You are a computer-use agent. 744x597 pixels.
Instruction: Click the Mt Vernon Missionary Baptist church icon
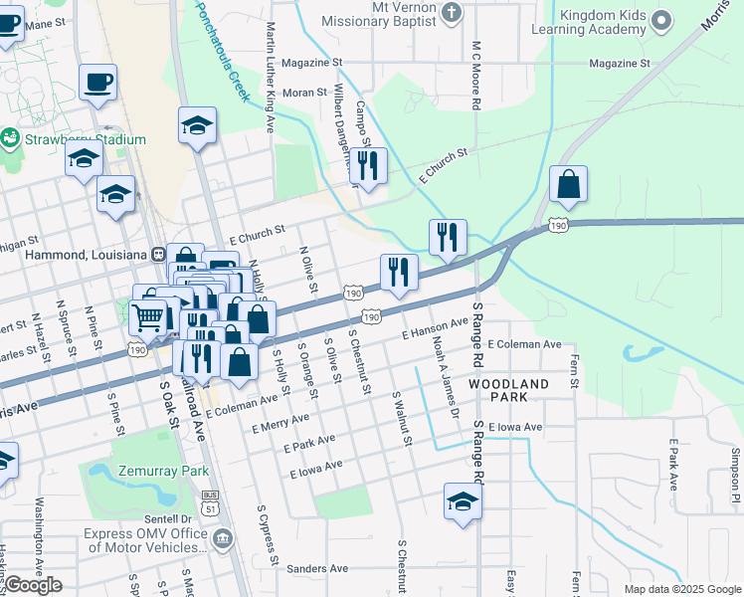[x=454, y=12]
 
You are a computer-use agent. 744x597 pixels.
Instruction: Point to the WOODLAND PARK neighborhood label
[x=508, y=390]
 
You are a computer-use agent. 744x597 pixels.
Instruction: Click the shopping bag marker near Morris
[x=568, y=185]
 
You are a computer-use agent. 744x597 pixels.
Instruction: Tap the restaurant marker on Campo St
[x=369, y=166]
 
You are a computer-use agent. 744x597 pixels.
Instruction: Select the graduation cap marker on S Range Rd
[x=463, y=502]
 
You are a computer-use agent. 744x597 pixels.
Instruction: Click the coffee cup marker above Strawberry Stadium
[x=97, y=84]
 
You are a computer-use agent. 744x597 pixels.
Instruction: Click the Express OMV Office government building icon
[x=222, y=539]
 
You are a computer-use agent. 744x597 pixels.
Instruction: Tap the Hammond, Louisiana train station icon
[x=158, y=255]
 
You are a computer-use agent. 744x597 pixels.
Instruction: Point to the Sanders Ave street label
[x=317, y=569]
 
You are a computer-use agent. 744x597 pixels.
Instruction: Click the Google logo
[x=32, y=585]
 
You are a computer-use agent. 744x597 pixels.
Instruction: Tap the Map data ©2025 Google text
[x=681, y=589]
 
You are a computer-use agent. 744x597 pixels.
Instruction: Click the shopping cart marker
[x=148, y=317]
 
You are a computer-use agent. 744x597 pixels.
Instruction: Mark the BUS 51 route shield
[x=209, y=499]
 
